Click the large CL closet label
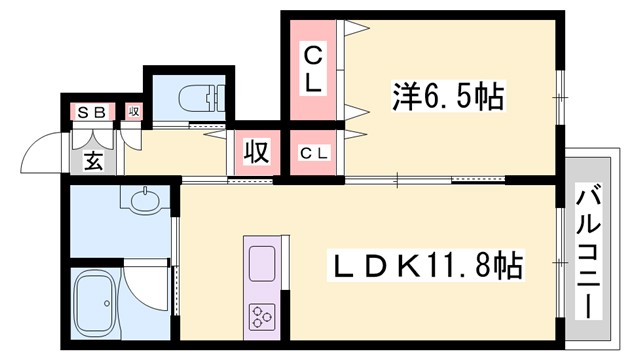point(314,68)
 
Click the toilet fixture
point(194,98)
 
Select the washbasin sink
point(144,200)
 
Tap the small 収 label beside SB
point(133,111)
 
